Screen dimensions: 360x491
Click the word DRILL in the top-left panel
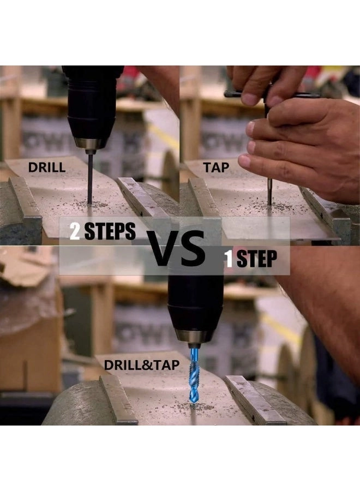pos(47,167)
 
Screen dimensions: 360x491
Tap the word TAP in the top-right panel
pos(216,167)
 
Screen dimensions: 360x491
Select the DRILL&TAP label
pos(141,365)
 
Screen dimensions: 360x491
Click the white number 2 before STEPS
pos(75,231)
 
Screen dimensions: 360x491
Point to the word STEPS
pos(110,231)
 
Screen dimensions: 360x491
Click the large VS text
pos(176,248)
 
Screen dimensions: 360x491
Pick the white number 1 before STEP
pos(229,259)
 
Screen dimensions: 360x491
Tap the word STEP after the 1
pos(257,259)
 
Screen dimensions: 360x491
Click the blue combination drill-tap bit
pos(194,376)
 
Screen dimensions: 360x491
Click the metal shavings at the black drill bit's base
pos(91,205)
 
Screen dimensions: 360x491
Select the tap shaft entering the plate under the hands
pos(269,191)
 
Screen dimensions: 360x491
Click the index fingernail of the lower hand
pos(244,161)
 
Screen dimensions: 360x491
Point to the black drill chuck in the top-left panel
pos(92,103)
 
